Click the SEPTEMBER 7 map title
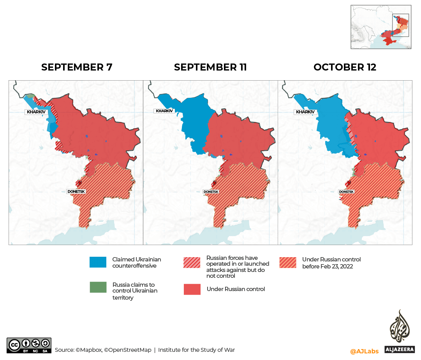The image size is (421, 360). pos(77,67)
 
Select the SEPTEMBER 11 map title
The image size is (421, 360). pos(210,67)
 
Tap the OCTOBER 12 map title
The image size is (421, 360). pos(345,67)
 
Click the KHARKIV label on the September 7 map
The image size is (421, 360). pos(36,112)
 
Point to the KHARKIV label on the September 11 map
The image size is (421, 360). pos(164,111)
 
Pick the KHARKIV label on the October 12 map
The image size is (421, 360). pos(305,112)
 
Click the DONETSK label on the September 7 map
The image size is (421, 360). pos(76,192)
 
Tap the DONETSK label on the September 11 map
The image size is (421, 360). pos(211,192)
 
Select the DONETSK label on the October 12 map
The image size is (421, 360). pos(346,192)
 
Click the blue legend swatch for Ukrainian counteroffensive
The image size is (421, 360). pos(98,262)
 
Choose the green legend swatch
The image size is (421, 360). pos(98,287)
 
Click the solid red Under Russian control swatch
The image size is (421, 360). pos(192,289)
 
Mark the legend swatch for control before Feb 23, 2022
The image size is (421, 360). pos(287,262)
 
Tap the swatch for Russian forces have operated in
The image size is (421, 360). pos(192,262)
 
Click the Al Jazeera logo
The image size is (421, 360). pos(399,331)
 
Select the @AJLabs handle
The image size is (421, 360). pos(364,351)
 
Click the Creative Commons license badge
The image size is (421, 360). pos(29,345)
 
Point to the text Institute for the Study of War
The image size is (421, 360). pos(196,350)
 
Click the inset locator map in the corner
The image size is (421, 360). pos(381,27)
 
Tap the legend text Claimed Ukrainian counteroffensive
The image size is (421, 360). pos(136,262)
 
